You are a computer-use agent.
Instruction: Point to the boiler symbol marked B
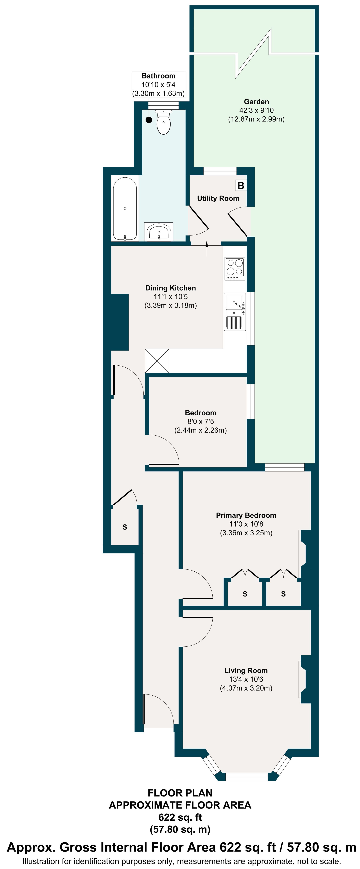pos(240,185)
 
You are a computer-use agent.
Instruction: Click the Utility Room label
pos(218,198)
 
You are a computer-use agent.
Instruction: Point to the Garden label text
pos(256,101)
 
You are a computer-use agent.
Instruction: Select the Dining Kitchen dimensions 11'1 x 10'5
pos(170,297)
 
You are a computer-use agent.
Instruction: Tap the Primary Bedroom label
pos(246,515)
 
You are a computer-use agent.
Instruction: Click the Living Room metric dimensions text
pos(246,688)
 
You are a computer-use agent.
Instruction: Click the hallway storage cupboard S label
pos(125,527)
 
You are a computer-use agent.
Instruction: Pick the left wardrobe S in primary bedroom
pos(245,594)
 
